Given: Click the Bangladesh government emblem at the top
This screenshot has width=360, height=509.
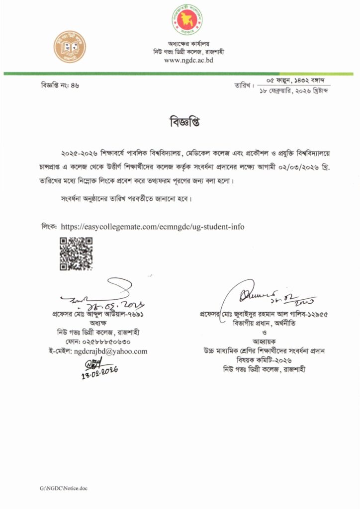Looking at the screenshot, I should (x=184, y=20).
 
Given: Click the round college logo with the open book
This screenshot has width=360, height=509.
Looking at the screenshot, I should (x=70, y=45).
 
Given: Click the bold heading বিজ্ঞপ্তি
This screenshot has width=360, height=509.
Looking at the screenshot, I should (x=180, y=122).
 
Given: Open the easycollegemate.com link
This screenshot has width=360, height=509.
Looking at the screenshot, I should (x=152, y=227).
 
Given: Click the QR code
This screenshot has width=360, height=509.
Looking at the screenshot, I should (x=76, y=254).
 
